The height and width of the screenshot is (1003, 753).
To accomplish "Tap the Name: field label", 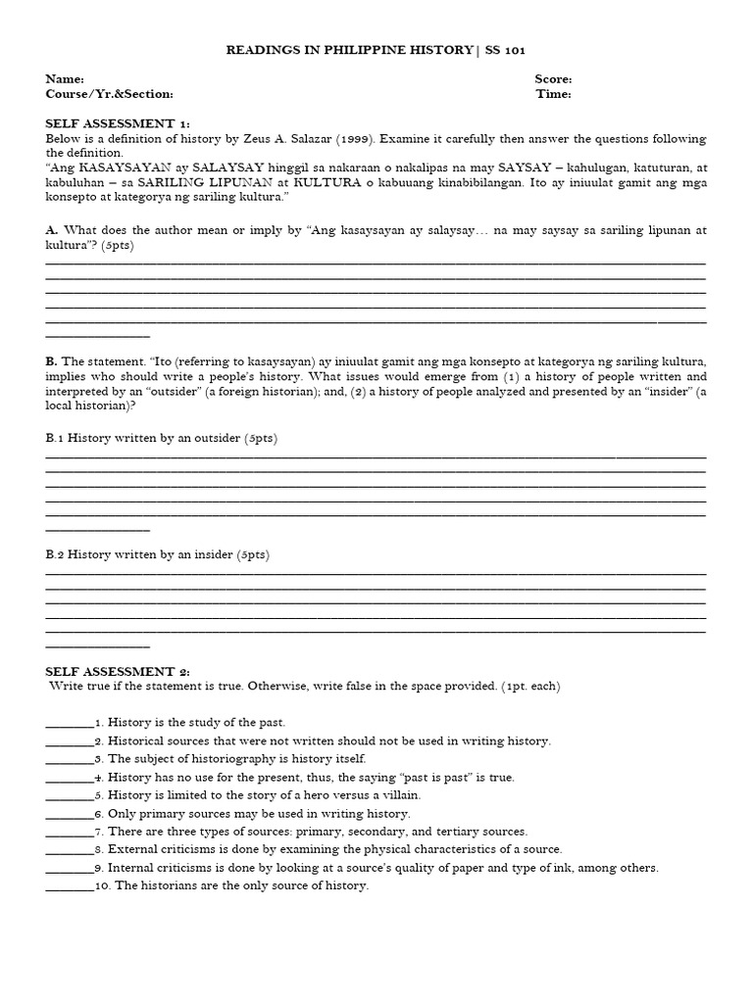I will pos(65,79).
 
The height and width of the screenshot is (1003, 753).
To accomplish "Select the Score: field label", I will pos(553,79).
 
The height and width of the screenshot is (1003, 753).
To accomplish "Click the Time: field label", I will pos(553,94).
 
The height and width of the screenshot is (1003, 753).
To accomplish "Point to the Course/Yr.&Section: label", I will pos(109,94).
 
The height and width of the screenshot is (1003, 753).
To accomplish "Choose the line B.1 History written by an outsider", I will pos(161,438).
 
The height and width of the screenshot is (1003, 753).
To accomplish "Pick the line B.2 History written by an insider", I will pos(157,554).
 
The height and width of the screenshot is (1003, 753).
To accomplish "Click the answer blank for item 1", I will pos(69,722).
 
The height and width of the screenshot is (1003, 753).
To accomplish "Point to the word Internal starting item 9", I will pos(130,868).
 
